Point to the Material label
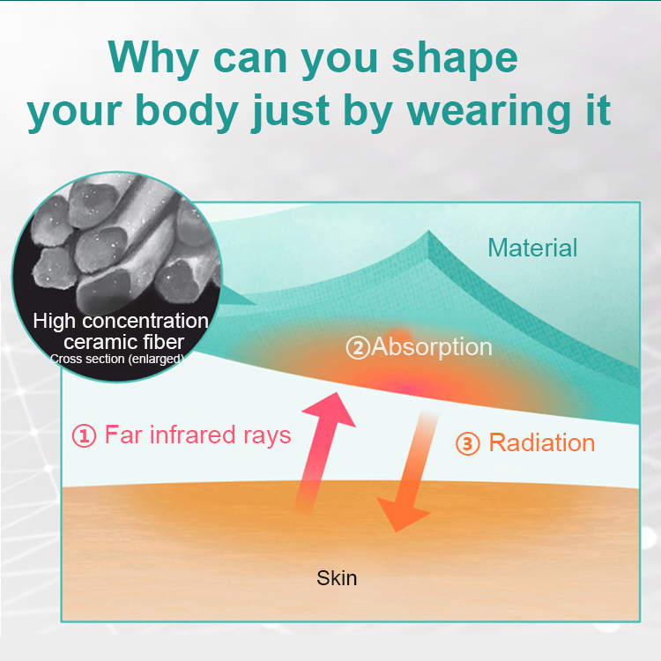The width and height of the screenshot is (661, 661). coord(532,248)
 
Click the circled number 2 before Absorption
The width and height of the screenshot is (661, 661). coord(357,348)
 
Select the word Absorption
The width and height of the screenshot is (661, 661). coord(431,346)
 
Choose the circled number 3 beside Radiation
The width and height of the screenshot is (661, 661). coord(467,443)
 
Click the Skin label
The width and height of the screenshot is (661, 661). coord(337,578)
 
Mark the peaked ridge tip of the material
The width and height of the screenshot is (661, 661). coord(429,234)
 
